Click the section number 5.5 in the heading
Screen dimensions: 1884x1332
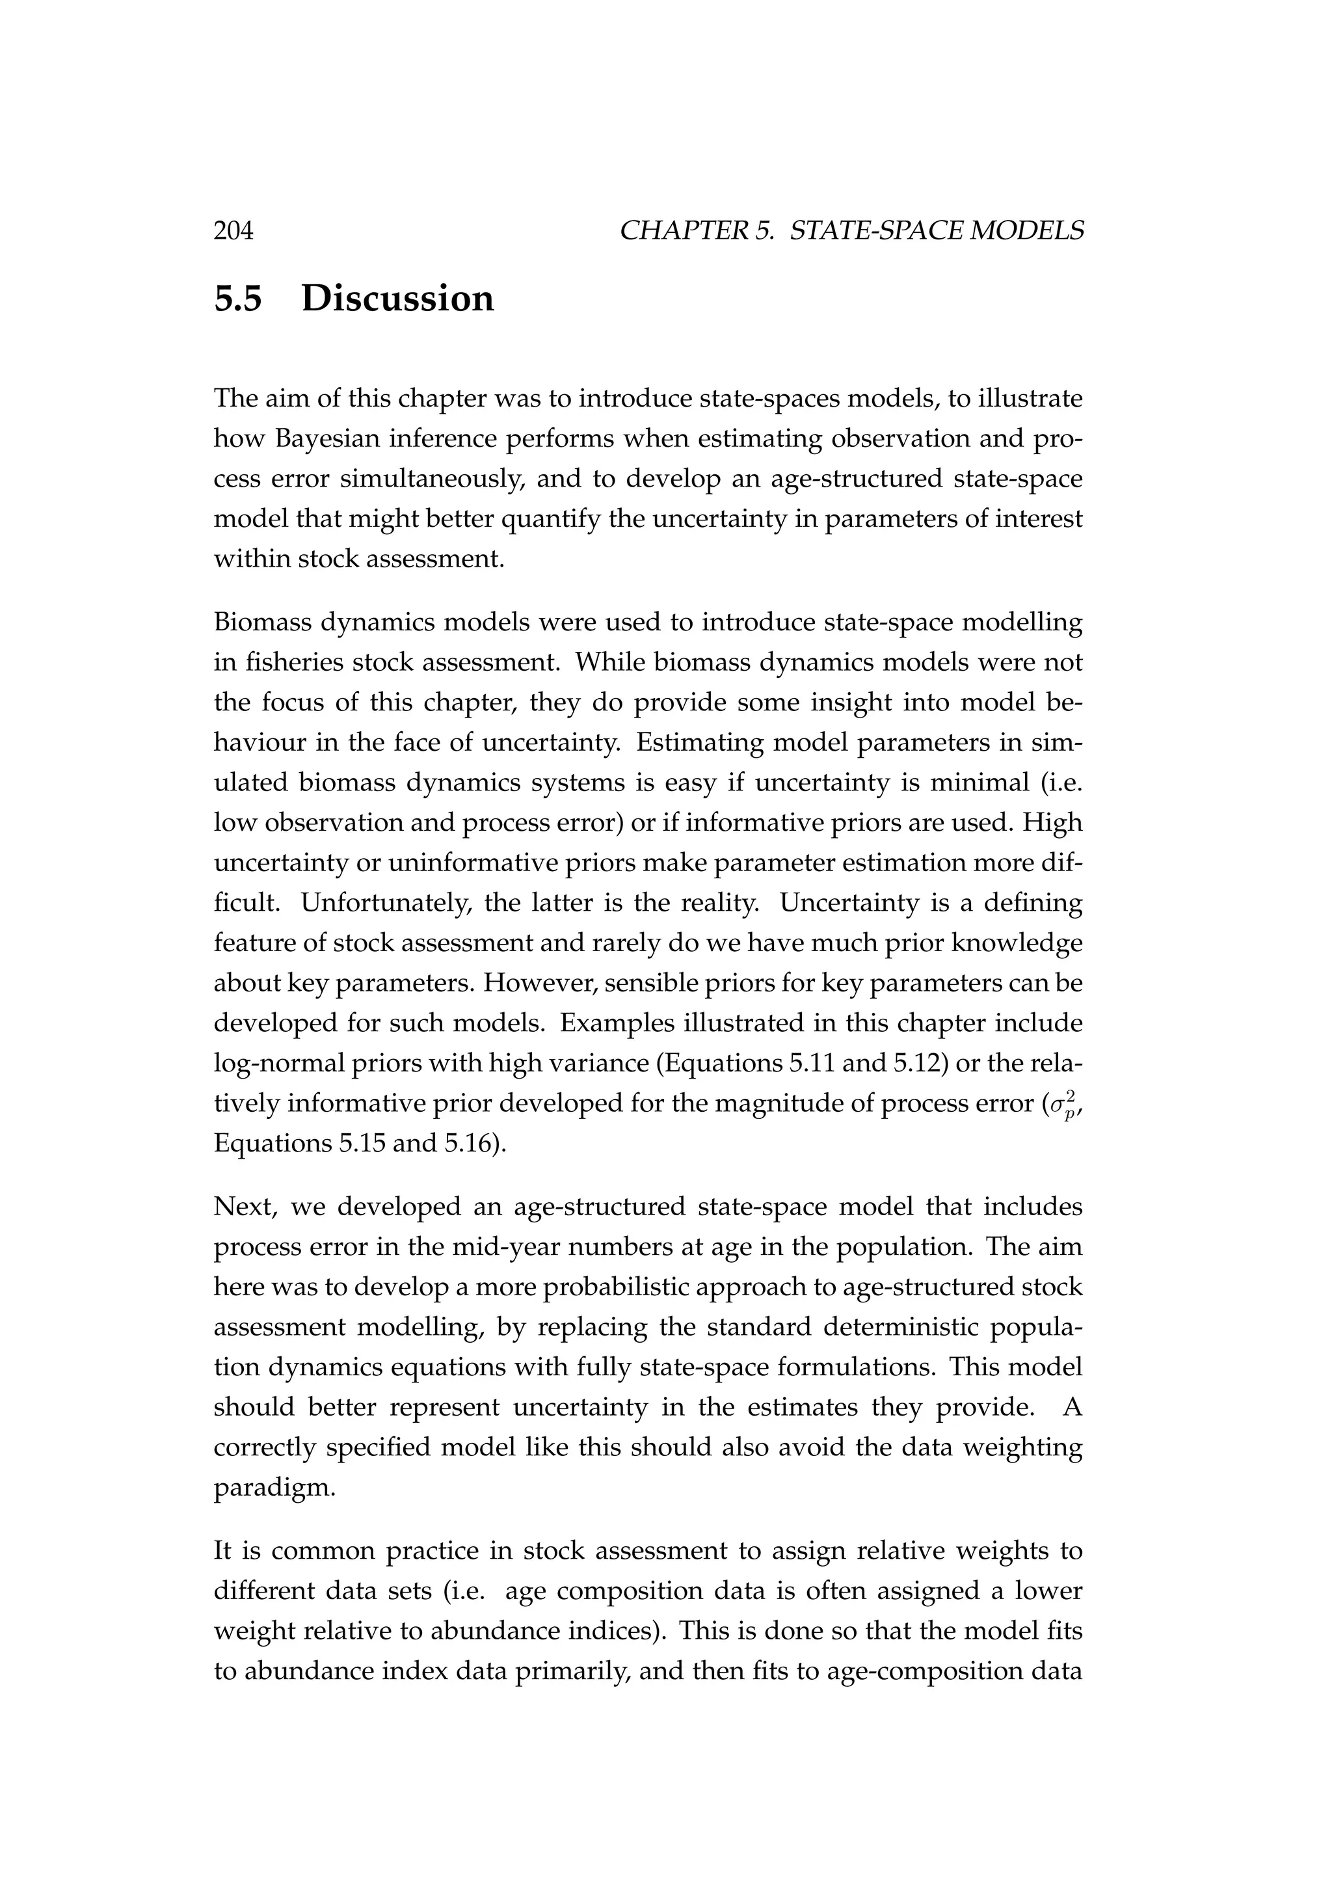238,299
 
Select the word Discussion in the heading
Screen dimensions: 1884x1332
398,299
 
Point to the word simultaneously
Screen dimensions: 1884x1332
433,479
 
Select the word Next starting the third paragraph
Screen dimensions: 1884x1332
245,1207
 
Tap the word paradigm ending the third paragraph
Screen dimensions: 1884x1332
274,1488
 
